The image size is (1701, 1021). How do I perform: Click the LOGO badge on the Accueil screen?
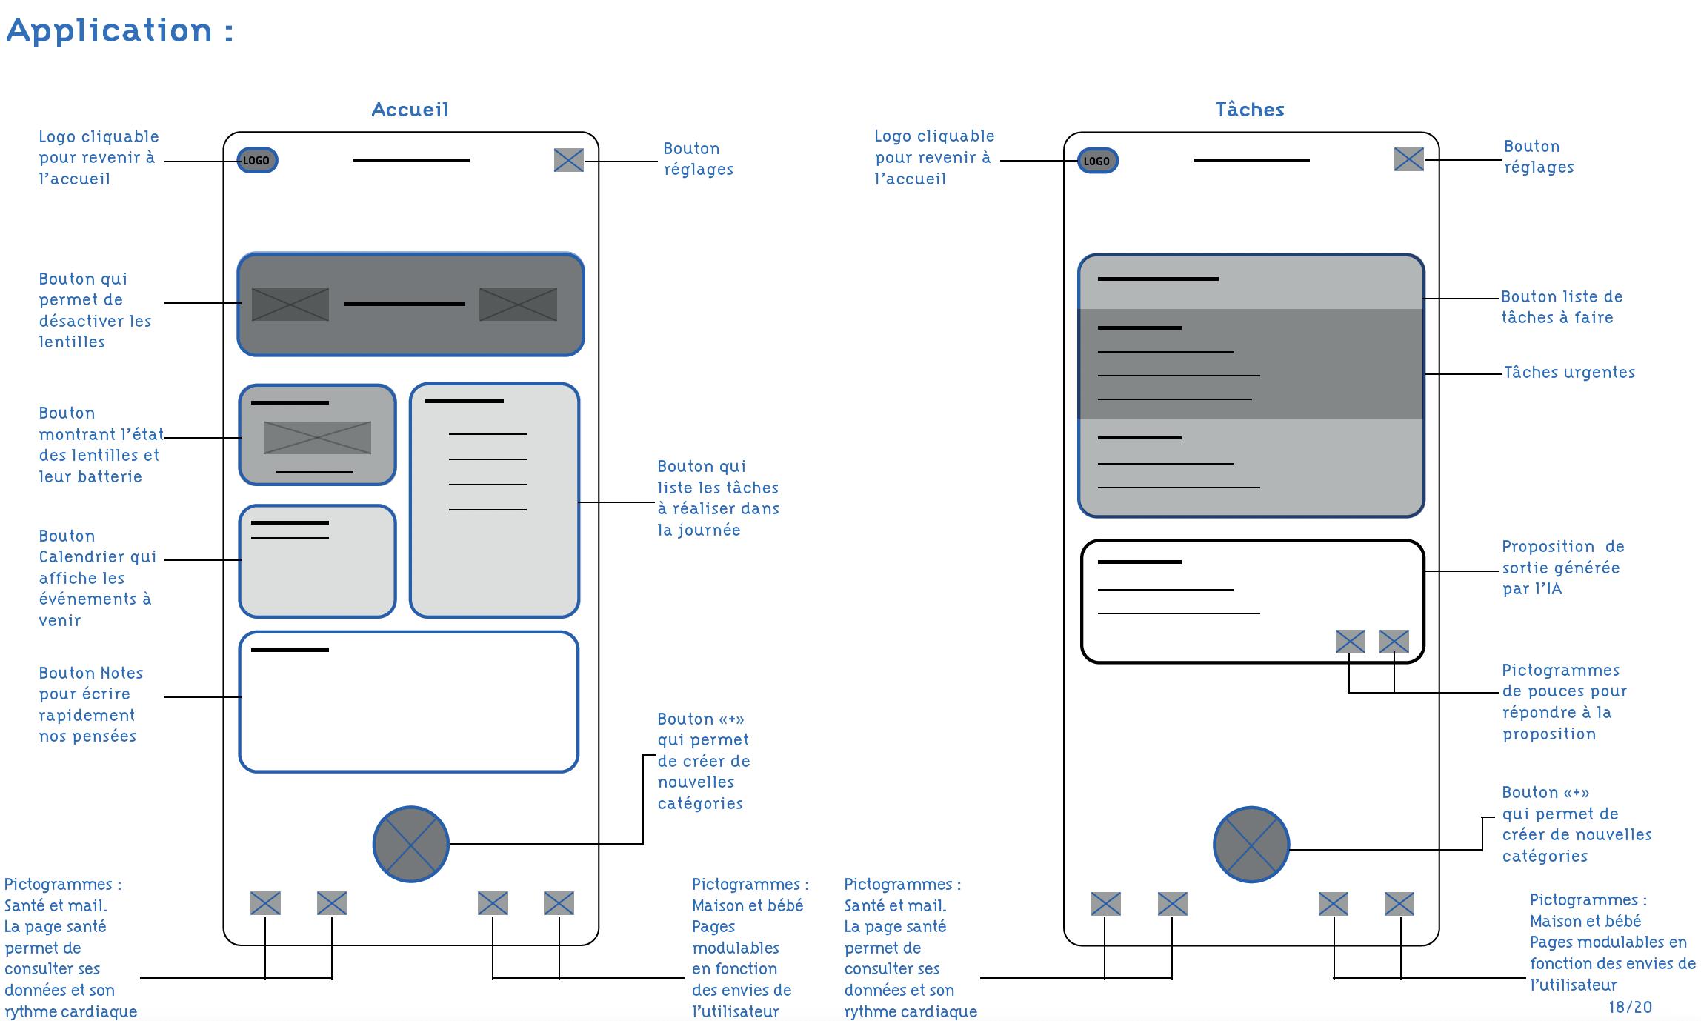[x=257, y=160]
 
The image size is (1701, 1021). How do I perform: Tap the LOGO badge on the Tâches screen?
[x=1097, y=161]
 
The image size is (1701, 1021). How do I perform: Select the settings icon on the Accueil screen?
[x=568, y=160]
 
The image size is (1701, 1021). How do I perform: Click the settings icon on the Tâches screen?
[x=1408, y=159]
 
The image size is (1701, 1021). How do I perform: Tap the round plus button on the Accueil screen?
[x=410, y=844]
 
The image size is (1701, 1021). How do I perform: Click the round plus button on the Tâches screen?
[x=1251, y=845]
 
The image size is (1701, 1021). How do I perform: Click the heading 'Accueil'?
[x=410, y=110]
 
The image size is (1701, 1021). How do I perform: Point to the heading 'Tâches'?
[x=1250, y=110]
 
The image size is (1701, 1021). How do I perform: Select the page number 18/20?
[x=1630, y=1007]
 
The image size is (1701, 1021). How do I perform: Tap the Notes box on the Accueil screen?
[x=408, y=702]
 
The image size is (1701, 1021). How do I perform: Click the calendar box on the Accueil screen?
[x=317, y=561]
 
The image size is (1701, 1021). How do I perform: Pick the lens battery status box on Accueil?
[x=317, y=435]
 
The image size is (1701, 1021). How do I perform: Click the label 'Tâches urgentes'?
[x=1569, y=372]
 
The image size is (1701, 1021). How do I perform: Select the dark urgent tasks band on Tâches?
[x=1251, y=364]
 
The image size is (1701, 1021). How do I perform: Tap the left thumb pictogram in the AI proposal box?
[x=1350, y=642]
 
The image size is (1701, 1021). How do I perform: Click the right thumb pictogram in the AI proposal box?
[x=1394, y=642]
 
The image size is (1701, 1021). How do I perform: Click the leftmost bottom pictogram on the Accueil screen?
[x=265, y=903]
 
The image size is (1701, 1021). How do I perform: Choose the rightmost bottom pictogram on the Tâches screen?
[x=1399, y=904]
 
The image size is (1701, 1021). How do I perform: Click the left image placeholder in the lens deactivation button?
[x=290, y=305]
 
